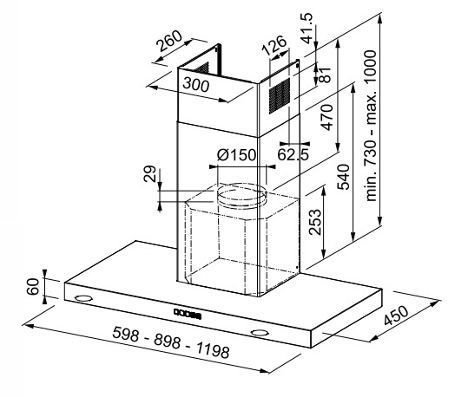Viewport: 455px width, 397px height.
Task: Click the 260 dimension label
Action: click(169, 41)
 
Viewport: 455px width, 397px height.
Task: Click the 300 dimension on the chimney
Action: click(196, 85)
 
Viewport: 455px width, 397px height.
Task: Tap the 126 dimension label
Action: click(274, 45)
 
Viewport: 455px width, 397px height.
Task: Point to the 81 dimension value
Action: click(325, 75)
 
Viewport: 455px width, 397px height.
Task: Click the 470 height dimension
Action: click(326, 118)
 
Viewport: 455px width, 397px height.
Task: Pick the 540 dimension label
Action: click(343, 177)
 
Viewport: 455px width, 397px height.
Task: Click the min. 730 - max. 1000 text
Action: click(371, 126)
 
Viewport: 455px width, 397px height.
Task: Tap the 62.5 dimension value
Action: click(293, 154)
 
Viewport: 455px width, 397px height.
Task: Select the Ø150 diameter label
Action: click(237, 155)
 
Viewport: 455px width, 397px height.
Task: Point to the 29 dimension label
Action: click(149, 173)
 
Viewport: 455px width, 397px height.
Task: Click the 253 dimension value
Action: click(315, 222)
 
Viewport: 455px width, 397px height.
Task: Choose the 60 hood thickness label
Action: click(33, 287)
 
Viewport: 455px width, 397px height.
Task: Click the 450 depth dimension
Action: click(396, 316)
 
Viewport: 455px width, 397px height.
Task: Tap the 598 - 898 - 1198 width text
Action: click(171, 342)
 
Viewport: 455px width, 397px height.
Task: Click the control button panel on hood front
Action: click(188, 314)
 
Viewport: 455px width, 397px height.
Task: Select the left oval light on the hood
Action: click(83, 298)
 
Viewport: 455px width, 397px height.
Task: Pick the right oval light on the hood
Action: click(260, 333)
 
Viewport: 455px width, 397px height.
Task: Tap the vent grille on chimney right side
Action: click(279, 96)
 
